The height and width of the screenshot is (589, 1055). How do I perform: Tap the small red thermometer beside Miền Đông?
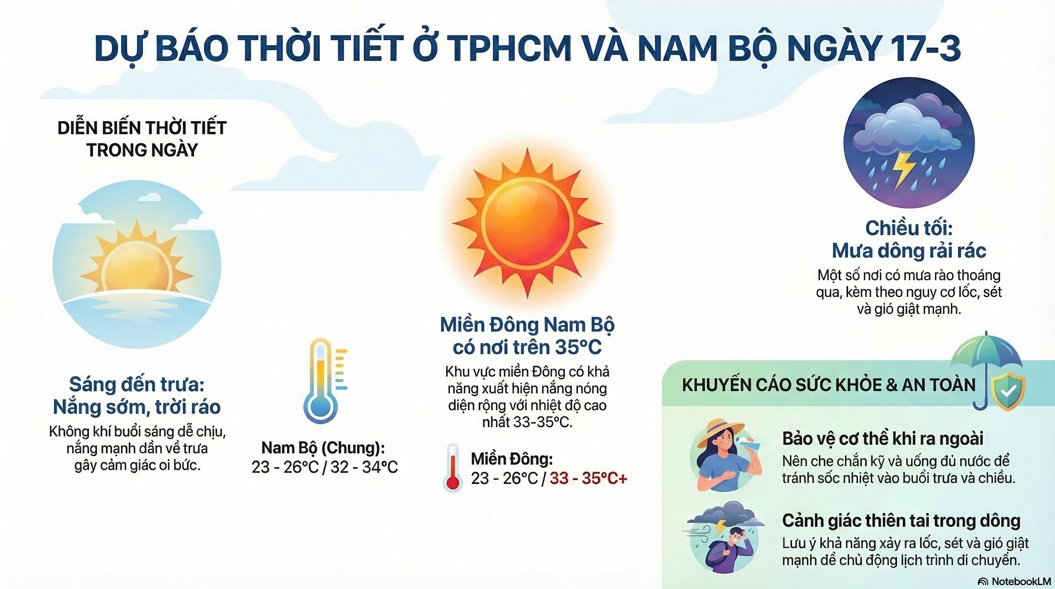pyautogui.click(x=453, y=468)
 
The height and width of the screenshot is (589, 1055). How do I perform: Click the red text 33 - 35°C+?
pyautogui.click(x=588, y=478)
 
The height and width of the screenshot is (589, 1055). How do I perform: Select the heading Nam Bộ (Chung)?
pyautogui.click(x=323, y=448)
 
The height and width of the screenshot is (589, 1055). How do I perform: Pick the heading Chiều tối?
pyautogui.click(x=909, y=228)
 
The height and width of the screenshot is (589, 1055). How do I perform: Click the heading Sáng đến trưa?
pyautogui.click(x=137, y=384)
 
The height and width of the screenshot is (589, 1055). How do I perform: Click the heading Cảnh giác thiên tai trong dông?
pyautogui.click(x=901, y=521)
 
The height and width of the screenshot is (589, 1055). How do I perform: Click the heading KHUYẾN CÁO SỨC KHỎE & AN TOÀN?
pyautogui.click(x=829, y=385)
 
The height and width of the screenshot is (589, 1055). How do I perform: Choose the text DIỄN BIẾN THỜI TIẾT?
pyautogui.click(x=142, y=128)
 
